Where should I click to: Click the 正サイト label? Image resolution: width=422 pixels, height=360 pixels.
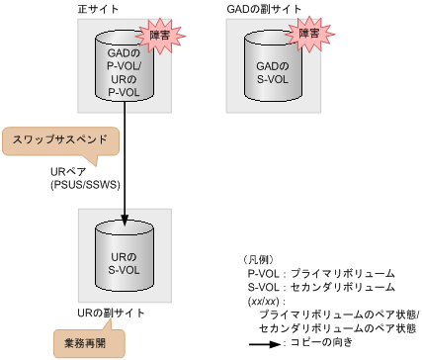click(x=95, y=9)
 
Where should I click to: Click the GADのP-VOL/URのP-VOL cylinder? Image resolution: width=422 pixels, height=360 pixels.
click(x=125, y=67)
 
